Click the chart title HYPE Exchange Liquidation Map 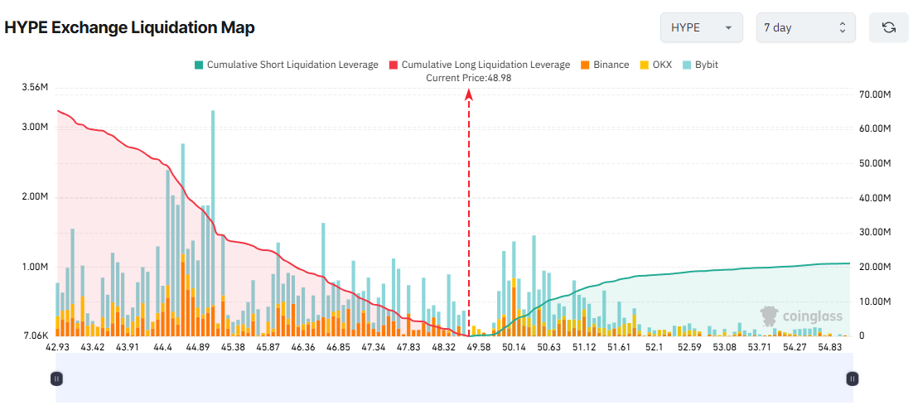pos(129,27)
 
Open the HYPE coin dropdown pos(700,27)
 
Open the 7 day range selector pos(805,27)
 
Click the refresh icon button pos(888,27)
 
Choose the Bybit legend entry pos(700,65)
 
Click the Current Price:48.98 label pos(468,77)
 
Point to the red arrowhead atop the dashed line pos(469,94)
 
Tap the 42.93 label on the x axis pos(57,346)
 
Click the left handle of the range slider pos(56,379)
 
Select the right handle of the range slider pos(852,379)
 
